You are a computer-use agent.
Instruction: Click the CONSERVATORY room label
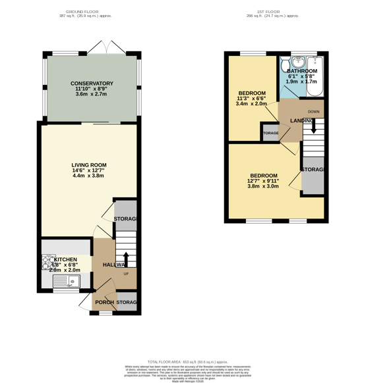[92, 84]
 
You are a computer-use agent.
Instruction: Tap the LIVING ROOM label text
[89, 165]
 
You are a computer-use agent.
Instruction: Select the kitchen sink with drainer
[66, 282]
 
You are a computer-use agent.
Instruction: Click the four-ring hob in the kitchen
[49, 263]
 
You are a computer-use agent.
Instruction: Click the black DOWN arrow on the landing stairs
[314, 125]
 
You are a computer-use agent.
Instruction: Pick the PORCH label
[104, 303]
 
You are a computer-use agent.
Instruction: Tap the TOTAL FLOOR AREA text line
[183, 362]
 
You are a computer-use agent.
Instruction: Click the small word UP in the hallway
[125, 273]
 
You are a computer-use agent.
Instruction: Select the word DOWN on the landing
[314, 112]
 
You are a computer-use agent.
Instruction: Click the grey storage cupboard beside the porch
[128, 303]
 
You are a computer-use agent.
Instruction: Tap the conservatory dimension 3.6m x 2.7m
[92, 95]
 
